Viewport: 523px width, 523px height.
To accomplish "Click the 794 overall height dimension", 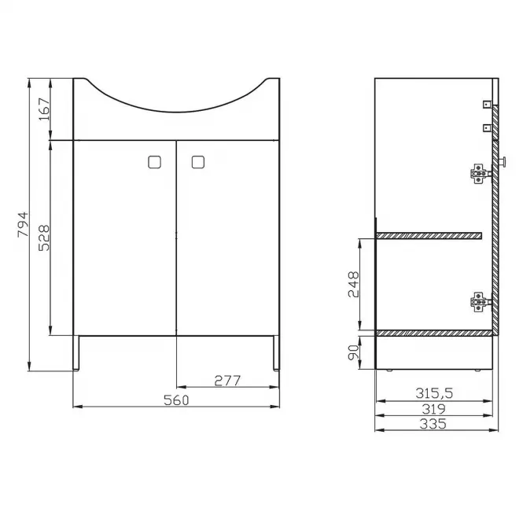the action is coord(23,224).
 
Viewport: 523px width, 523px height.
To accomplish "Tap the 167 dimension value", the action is coord(44,109).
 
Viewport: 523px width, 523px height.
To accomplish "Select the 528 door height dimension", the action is coord(44,238).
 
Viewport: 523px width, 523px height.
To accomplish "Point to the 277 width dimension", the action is coord(227,381).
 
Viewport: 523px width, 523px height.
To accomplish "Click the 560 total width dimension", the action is coord(176,400).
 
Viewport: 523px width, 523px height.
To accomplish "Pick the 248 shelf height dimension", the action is coord(354,284).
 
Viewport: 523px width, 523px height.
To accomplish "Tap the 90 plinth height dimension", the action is coord(354,352).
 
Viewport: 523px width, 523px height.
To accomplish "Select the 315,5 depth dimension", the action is coord(434,393).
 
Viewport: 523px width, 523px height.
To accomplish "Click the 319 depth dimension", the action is coord(433,409).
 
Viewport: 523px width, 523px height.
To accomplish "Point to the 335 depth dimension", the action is coord(433,424).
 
